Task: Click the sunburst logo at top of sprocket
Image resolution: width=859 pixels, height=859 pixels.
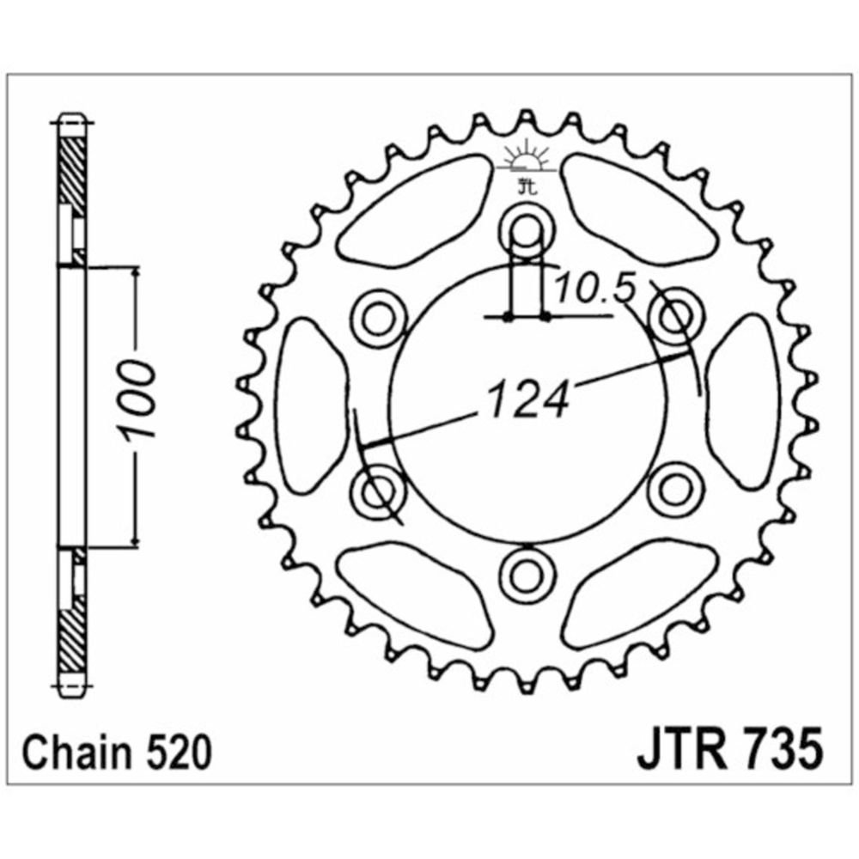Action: click(x=527, y=155)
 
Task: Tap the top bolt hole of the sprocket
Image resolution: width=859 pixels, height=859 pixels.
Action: click(x=527, y=228)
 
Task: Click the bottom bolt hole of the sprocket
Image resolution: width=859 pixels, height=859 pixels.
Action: click(x=527, y=576)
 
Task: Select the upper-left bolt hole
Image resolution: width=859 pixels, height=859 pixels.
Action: click(x=377, y=319)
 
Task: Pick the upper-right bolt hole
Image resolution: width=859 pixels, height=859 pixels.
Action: click(x=675, y=316)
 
